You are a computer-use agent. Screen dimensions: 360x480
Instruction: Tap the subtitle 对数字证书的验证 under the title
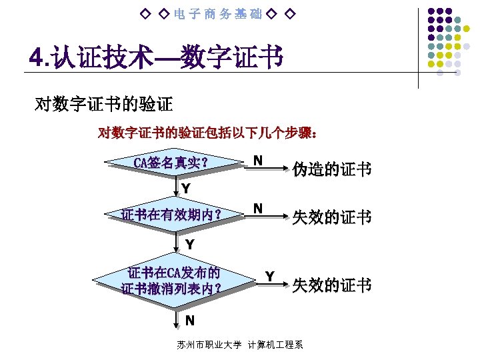click(103, 104)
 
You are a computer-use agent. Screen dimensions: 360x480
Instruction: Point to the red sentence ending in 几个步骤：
click(207, 133)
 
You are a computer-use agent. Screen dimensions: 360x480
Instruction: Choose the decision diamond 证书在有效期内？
click(171, 215)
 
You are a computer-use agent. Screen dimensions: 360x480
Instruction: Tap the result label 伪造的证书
click(331, 169)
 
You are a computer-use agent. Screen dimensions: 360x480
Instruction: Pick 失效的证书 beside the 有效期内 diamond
click(331, 218)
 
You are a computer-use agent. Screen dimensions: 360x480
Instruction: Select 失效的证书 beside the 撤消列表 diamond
click(331, 285)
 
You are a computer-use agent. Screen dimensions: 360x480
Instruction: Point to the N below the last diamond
click(190, 321)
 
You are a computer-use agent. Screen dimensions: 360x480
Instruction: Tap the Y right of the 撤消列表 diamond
click(269, 276)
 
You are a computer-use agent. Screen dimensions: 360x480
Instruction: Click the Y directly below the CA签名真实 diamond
click(186, 189)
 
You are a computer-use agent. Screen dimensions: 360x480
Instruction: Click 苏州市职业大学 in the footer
click(209, 345)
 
